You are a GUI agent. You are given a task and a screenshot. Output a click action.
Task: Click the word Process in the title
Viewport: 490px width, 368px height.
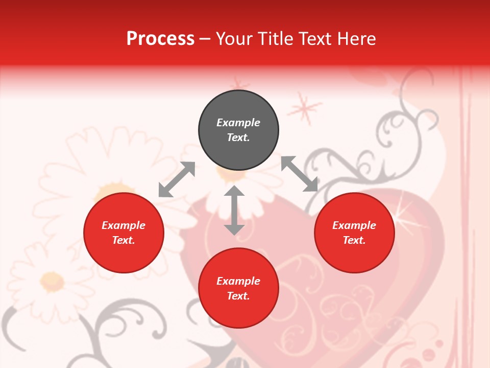tap(160, 39)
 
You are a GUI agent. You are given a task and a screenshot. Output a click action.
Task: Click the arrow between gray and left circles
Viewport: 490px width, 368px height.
tap(177, 179)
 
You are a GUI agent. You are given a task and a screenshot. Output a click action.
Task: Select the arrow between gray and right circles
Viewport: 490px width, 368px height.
tap(300, 174)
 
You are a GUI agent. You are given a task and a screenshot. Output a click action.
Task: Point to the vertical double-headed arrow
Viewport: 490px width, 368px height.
tap(234, 210)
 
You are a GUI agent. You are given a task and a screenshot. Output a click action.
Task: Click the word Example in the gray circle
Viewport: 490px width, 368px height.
tap(238, 123)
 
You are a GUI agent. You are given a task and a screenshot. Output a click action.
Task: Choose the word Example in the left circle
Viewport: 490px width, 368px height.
tap(124, 225)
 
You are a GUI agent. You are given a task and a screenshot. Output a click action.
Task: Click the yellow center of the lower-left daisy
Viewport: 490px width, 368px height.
tap(52, 280)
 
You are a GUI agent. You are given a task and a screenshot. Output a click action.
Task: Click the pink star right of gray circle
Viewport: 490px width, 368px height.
tap(304, 109)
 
